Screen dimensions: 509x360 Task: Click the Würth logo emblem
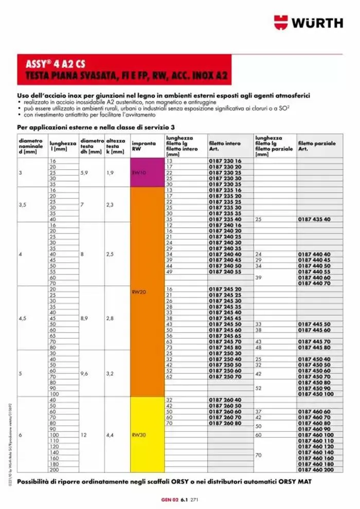tap(281, 23)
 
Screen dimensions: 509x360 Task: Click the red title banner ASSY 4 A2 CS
tap(124, 70)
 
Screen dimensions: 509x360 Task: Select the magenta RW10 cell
tap(147, 173)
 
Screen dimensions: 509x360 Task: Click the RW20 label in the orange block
tap(140, 292)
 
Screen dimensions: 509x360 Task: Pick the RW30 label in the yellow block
tap(140, 434)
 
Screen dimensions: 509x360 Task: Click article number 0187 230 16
tap(225, 161)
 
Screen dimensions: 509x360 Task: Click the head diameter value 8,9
tap(85, 318)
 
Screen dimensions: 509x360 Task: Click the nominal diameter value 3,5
tap(23, 204)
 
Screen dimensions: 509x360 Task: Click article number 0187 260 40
tap(225, 399)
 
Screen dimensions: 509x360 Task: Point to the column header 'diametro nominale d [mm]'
tap(31, 146)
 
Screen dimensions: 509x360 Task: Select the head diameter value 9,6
tap(85, 374)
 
